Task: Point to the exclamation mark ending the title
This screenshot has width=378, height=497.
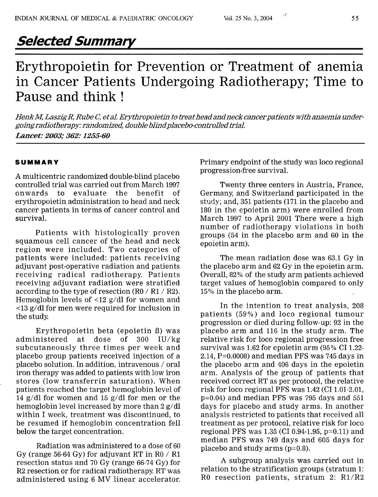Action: (x=121, y=96)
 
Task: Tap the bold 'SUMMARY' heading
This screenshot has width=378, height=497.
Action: (x=37, y=162)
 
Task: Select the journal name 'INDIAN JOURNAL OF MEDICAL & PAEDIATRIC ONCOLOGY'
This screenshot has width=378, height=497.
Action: (x=104, y=18)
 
